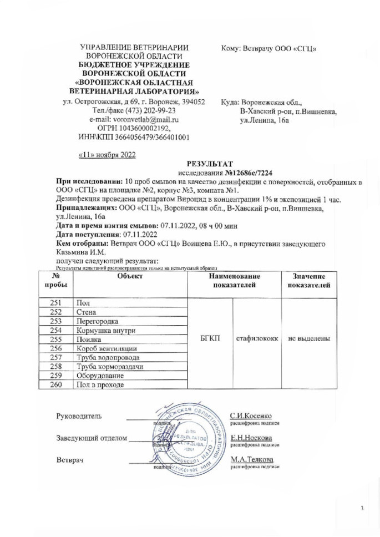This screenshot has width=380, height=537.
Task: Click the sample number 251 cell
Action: (x=55, y=302)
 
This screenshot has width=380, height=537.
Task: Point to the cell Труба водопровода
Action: (x=108, y=358)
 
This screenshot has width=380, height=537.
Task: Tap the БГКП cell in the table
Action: (x=211, y=336)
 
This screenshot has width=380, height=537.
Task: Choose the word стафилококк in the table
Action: (x=257, y=336)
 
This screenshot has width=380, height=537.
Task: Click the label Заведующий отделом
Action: (x=92, y=438)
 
